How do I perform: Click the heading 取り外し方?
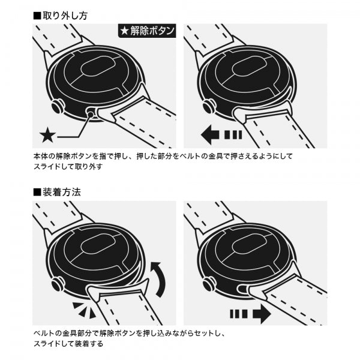click(x=64, y=16)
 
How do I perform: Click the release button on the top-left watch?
click(x=90, y=112)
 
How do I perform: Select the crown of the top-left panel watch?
click(x=58, y=107)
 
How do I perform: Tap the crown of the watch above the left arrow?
click(x=209, y=107)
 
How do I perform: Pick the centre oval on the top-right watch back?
click(x=250, y=67)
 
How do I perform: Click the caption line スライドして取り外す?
click(x=68, y=167)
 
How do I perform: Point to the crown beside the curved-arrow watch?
click(x=57, y=284)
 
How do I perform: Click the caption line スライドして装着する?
click(x=68, y=344)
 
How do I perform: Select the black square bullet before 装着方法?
click(x=37, y=193)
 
